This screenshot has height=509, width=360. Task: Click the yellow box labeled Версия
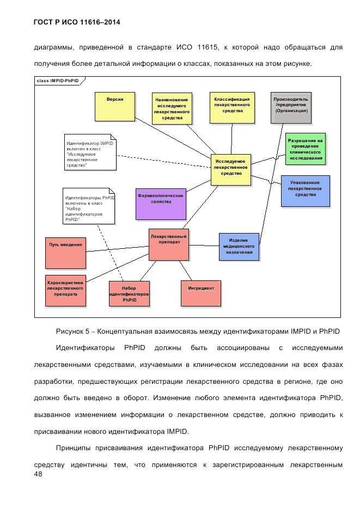[x=114, y=106]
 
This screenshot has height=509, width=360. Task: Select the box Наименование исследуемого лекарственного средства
[x=172, y=108]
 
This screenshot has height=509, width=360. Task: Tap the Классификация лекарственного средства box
[x=232, y=107]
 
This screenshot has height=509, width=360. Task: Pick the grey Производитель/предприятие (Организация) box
[x=291, y=107]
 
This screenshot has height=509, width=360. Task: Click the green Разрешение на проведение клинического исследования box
[x=305, y=148]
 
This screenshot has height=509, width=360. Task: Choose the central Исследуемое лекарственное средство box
[x=231, y=169]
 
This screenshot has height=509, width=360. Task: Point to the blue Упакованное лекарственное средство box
[x=305, y=191]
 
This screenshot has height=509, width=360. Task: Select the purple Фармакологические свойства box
[x=161, y=204]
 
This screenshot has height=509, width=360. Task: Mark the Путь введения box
[x=66, y=253]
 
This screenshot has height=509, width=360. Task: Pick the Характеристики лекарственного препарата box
[x=65, y=290]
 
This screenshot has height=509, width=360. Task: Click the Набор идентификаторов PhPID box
[x=129, y=294]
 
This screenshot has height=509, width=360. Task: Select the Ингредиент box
[x=201, y=293]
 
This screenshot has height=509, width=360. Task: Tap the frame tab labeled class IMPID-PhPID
[x=58, y=81]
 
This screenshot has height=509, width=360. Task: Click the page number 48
[x=38, y=474]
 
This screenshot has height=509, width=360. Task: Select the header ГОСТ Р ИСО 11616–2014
[x=77, y=22]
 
